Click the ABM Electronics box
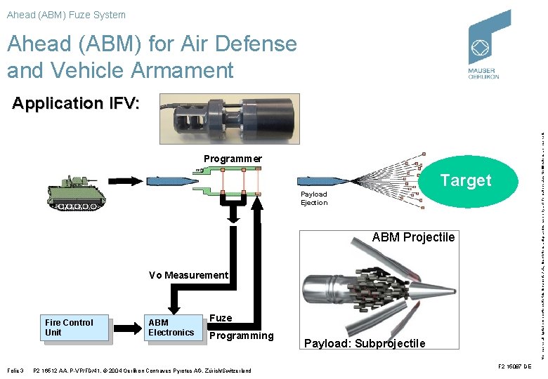pos(171,328)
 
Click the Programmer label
pos(233,159)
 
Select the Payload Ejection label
pos(314,199)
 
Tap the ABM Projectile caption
pos(413,237)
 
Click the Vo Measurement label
pos(188,275)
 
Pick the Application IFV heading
pos(76,103)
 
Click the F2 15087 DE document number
pos(514,366)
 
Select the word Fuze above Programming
pos(221,318)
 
